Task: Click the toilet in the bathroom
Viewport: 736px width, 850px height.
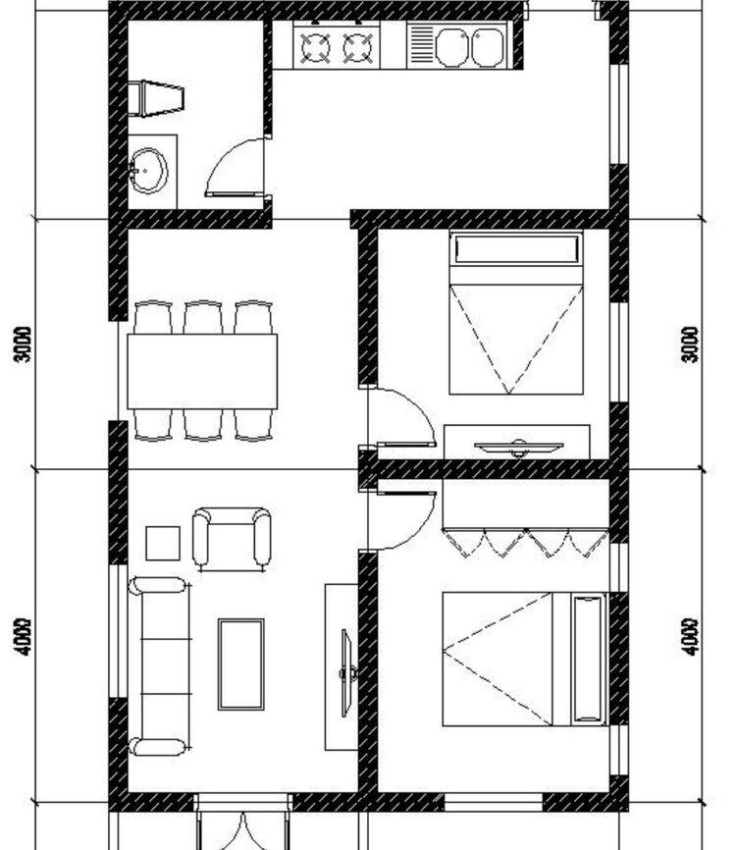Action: click(158, 98)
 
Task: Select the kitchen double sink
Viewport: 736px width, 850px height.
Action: click(469, 46)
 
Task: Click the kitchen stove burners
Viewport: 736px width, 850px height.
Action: click(338, 47)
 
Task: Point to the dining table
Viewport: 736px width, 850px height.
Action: click(201, 371)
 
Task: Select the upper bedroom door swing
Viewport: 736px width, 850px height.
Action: click(400, 417)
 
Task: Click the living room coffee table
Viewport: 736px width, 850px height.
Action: click(240, 664)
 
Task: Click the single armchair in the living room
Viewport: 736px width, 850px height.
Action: click(232, 538)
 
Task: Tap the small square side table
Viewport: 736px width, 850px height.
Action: click(163, 543)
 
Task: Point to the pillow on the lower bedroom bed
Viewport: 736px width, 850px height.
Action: click(588, 658)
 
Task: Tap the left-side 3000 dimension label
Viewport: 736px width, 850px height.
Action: click(24, 345)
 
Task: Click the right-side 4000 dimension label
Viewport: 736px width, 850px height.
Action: click(691, 636)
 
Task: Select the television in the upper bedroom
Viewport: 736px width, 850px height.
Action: click(518, 447)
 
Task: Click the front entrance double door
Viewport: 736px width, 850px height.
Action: click(243, 824)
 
